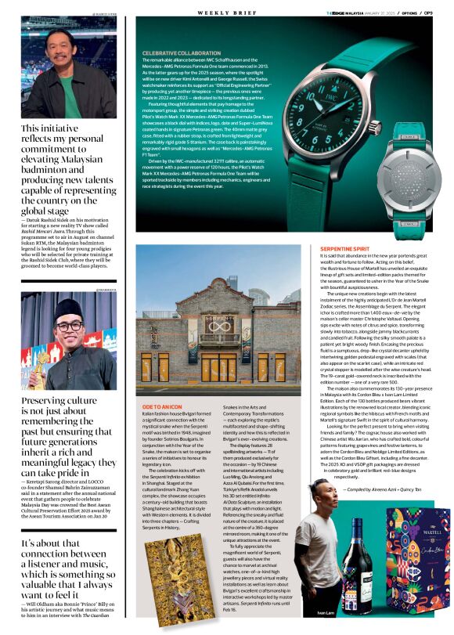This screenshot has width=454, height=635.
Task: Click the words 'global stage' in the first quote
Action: point(49,211)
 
